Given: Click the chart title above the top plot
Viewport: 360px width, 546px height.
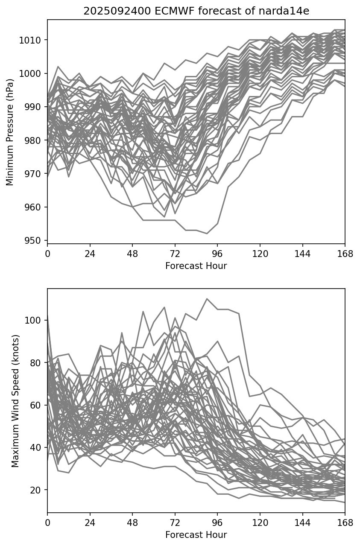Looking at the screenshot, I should [x=196, y=11].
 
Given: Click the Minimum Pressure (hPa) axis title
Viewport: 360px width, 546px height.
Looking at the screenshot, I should [x=10, y=131].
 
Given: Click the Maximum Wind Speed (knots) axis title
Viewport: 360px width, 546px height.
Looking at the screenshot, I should [x=15, y=400].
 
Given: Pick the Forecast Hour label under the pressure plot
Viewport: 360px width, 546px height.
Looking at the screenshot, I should [x=196, y=266].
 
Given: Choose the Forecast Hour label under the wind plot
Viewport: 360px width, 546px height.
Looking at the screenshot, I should [x=196, y=535].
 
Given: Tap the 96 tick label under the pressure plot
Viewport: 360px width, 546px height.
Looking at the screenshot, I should [x=217, y=254].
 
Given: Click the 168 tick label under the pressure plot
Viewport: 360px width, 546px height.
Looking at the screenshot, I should [x=345, y=254].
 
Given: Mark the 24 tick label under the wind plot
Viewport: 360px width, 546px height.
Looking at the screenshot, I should [x=90, y=523].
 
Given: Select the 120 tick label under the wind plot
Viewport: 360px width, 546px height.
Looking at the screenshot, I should [x=260, y=523].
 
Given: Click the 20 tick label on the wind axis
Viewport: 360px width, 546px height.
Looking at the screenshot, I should [x=37, y=490].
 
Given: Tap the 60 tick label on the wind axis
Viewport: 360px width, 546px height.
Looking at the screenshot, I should [x=37, y=405].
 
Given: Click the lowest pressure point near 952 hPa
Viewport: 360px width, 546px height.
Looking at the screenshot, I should [x=207, y=234].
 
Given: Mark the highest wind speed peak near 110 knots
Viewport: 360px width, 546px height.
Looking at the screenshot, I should [x=207, y=299].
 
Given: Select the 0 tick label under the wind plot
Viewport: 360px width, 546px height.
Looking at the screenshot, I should [x=47, y=523].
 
